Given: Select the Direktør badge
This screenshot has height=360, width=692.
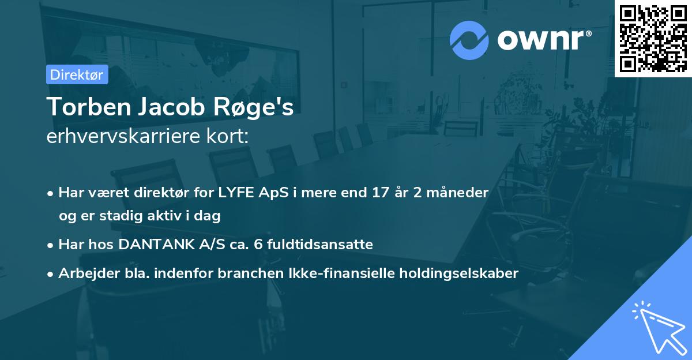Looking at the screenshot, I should tap(77, 74).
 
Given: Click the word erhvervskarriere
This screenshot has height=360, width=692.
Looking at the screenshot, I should tap(121, 137).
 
